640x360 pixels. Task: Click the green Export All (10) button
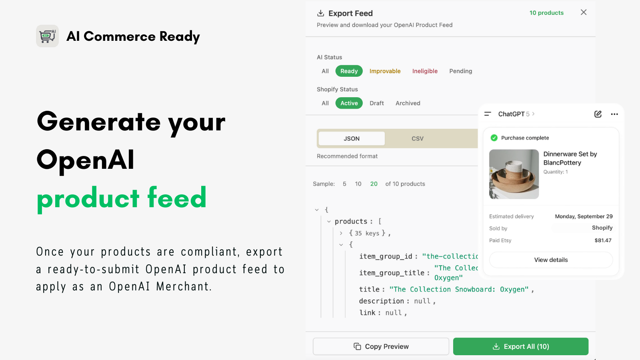pos(520,346)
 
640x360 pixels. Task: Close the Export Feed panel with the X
pos(584,12)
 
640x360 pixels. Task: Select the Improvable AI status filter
pos(385,71)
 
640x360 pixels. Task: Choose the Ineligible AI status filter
pos(425,71)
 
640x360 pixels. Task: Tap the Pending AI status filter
pos(460,71)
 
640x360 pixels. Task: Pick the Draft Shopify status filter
pos(376,103)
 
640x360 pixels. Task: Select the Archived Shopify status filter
pos(408,103)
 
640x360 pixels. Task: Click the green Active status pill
pos(349,103)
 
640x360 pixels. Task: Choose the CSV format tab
pos(417,138)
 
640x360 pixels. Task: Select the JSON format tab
pos(352,138)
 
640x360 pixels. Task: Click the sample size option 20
pos(374,184)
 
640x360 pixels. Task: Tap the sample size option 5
pos(344,184)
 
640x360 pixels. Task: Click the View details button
pos(551,260)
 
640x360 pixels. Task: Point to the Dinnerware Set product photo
pos(514,174)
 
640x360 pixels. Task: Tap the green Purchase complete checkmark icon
pos(494,138)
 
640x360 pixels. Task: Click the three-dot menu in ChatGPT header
pos(614,114)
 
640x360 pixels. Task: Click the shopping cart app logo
pos(48,36)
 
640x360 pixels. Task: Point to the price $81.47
pos(603,240)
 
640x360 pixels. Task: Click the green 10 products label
pos(546,13)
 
